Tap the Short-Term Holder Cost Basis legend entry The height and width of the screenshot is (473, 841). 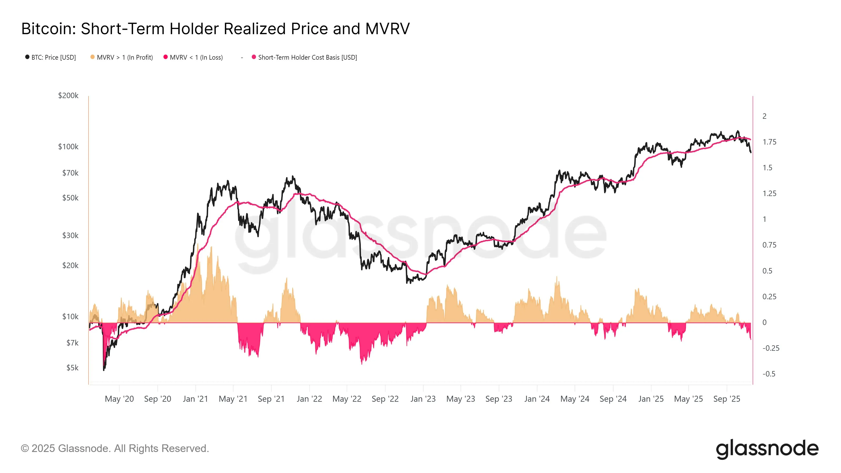(307, 58)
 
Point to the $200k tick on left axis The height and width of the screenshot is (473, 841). (68, 96)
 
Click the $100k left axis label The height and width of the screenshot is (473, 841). (68, 147)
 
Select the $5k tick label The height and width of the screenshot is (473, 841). (72, 368)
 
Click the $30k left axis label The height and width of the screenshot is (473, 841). (70, 236)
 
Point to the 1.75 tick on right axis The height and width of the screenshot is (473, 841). (769, 142)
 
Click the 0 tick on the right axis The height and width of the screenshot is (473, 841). (764, 322)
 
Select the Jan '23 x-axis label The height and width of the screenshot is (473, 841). (423, 399)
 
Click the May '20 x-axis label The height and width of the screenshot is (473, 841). (119, 399)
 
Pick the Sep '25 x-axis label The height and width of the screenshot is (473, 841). (726, 399)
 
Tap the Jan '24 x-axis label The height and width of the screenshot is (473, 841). (537, 399)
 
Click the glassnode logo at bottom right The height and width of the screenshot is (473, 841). (767, 449)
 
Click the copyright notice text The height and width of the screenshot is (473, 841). (115, 449)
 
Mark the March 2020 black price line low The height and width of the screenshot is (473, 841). (104, 370)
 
